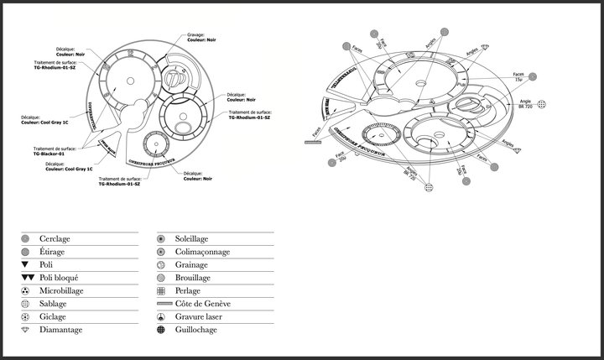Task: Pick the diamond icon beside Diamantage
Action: click(x=25, y=330)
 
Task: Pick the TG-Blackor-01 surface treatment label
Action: click(x=51, y=153)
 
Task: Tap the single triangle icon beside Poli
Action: click(x=25, y=264)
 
